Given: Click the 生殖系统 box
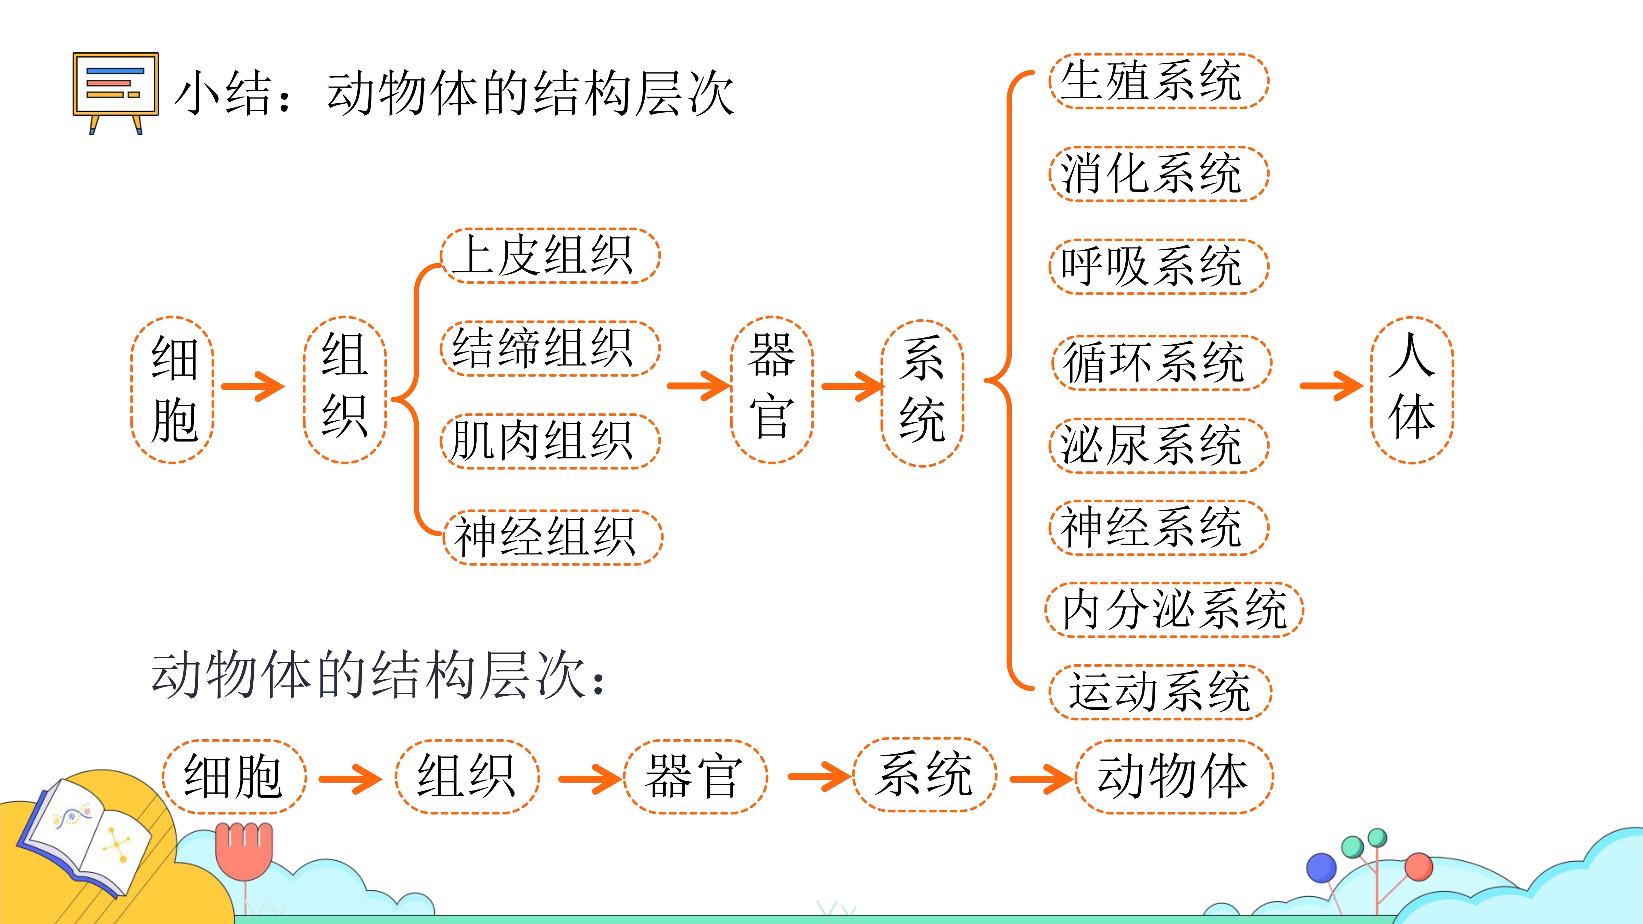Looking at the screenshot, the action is click(1159, 81).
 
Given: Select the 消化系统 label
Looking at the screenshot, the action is click(1159, 174).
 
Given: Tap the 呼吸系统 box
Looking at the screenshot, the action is click(1159, 267).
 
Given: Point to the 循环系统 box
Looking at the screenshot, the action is click(1161, 363).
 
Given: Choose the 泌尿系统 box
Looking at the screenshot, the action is click(1159, 445).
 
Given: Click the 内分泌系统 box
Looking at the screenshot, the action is click(1174, 609).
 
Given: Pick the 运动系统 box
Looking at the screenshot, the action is click(1160, 692).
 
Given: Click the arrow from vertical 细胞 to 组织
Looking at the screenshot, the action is click(253, 386).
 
